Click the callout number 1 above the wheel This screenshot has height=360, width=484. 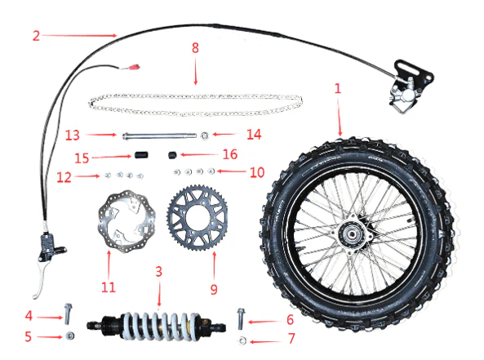point(338,87)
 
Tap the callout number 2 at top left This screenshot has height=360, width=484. point(36,35)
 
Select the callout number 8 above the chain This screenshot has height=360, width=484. point(195,48)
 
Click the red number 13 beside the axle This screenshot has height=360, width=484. point(73,136)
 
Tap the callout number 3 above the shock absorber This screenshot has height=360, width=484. point(160,270)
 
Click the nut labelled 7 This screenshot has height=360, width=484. point(242,337)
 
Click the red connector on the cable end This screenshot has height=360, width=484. point(129,70)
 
